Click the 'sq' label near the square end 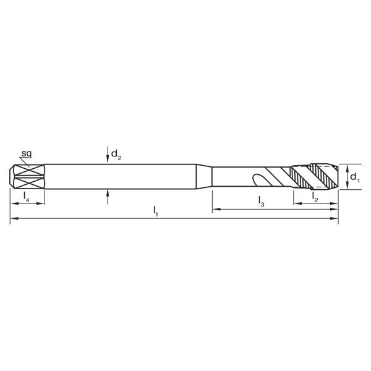(x=27, y=152)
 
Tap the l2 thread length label (x=315, y=197)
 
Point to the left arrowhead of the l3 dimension (x=216, y=210)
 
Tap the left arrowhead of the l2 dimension (x=296, y=202)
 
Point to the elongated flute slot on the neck (x=262, y=181)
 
